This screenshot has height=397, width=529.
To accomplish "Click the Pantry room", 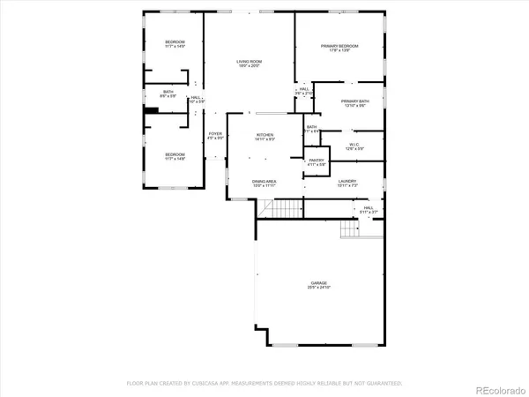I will click(x=317, y=162).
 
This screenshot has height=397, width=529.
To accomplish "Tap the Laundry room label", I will click(x=346, y=184).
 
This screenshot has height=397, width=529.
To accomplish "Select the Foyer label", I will click(x=215, y=136).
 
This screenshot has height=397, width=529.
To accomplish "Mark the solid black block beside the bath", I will click(x=152, y=109).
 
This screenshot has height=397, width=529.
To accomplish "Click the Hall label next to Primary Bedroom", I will click(x=303, y=91).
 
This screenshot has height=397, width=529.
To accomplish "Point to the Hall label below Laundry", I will click(x=368, y=211).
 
